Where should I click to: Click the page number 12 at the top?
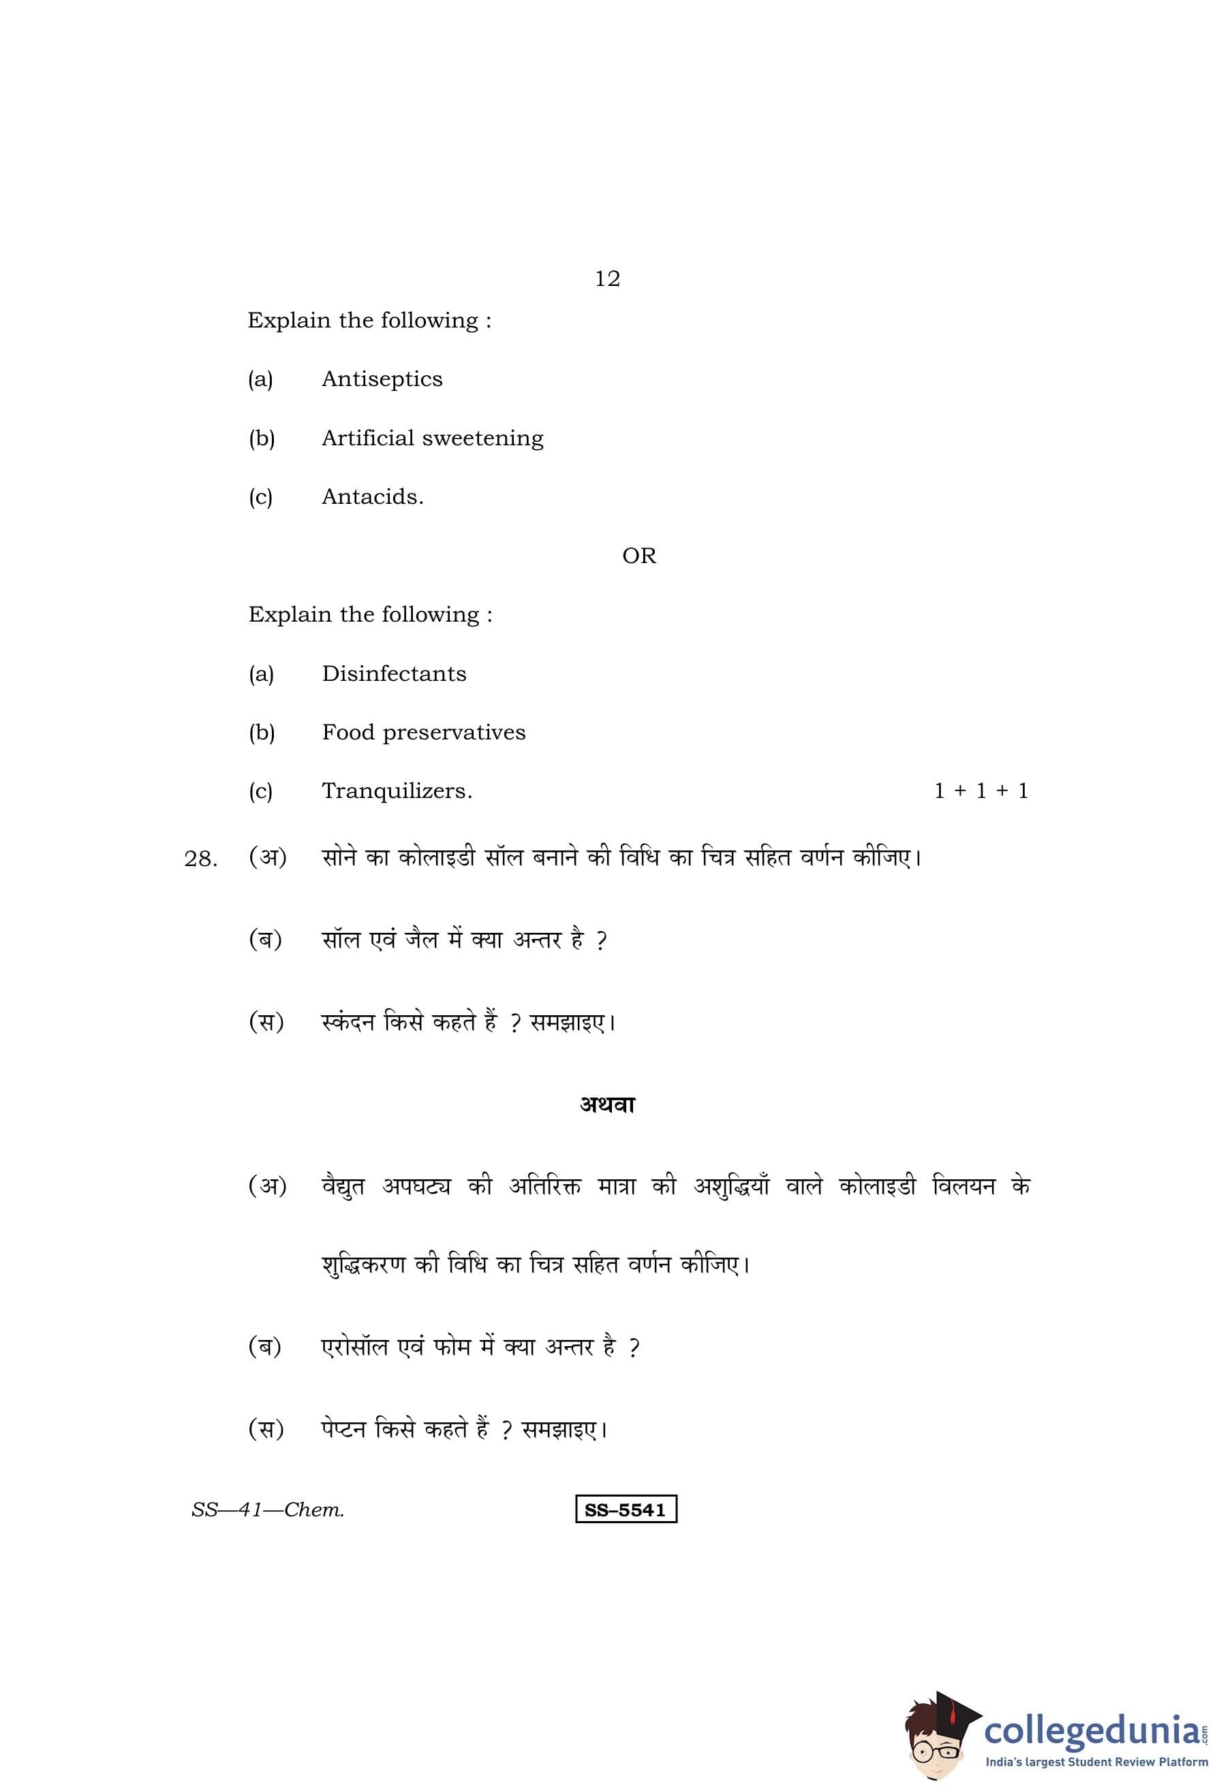pyautogui.click(x=607, y=278)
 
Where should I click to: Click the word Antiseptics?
pyautogui.click(x=382, y=379)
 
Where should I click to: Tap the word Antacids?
pyautogui.click(x=372, y=497)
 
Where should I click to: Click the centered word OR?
pyautogui.click(x=639, y=556)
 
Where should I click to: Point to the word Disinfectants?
pyautogui.click(x=393, y=674)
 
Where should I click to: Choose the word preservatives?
pyautogui.click(x=455, y=733)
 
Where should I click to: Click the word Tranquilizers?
pyautogui.click(x=397, y=792)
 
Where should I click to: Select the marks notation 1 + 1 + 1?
pyautogui.click(x=981, y=792)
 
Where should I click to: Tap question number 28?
pyautogui.click(x=201, y=859)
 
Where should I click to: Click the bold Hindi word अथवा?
pyautogui.click(x=607, y=1106)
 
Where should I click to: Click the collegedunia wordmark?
pyautogui.click(x=1092, y=1730)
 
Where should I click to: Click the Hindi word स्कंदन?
pyautogui.click(x=347, y=1023)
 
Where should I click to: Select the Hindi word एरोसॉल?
pyautogui.click(x=354, y=1348)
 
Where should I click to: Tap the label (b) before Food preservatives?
pyautogui.click(x=262, y=733)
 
